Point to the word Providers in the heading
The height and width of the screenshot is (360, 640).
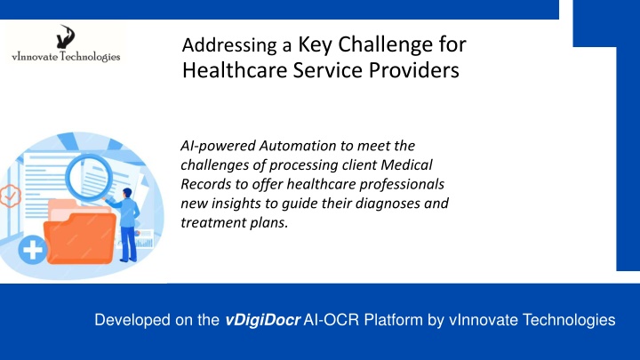coord(414,70)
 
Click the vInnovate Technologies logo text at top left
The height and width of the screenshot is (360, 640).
coord(66,56)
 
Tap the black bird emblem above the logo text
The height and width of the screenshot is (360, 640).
coord(66,36)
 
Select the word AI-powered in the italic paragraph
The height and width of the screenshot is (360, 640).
coord(218,146)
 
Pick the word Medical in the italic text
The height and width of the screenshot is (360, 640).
coord(406,164)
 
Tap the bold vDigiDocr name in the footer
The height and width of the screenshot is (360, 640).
coord(263,320)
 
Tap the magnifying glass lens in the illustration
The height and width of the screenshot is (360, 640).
coord(90,177)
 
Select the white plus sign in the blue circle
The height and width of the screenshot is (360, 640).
coord(33,250)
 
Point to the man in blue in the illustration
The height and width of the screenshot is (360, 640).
coord(127,225)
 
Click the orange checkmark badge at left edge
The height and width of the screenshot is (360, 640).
coord(10,196)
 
